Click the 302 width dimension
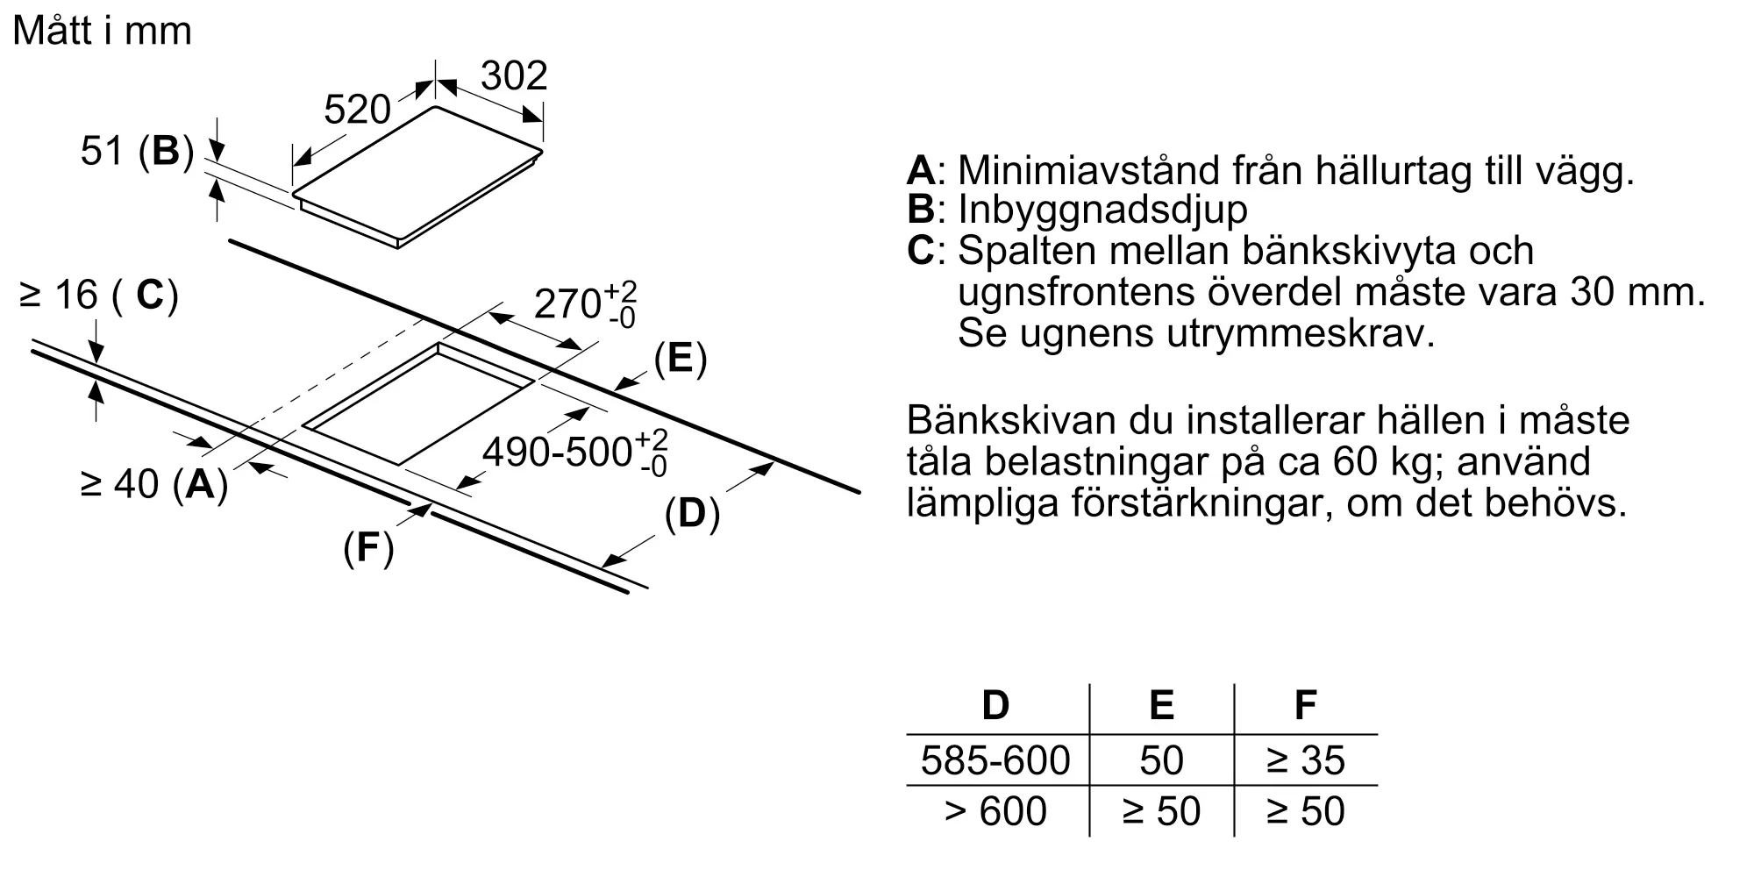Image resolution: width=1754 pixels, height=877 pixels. [x=514, y=75]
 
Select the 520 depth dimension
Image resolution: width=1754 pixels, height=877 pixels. [x=357, y=110]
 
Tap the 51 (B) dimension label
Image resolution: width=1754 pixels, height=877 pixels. [x=137, y=151]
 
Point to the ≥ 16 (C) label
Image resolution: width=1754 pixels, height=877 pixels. [x=98, y=295]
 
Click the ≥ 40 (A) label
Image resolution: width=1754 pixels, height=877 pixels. [x=154, y=483]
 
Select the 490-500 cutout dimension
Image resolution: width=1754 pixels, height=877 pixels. [x=575, y=452]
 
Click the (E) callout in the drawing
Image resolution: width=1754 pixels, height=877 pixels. [x=681, y=360]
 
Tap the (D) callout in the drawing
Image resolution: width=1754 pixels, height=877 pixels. [x=692, y=514]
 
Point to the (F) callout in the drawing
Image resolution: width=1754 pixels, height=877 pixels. [x=368, y=548]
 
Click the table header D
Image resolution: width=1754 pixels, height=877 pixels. [x=995, y=705]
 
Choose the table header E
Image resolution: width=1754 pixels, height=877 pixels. [x=1161, y=705]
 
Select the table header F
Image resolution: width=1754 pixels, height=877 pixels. [x=1306, y=705]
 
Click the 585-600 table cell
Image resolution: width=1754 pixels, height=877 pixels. [x=995, y=760]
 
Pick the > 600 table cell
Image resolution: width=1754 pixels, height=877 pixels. [x=995, y=811]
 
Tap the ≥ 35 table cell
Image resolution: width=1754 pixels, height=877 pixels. [x=1306, y=760]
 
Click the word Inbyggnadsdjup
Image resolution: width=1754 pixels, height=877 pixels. [x=1102, y=210]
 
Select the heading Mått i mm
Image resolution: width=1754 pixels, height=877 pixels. [x=103, y=32]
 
